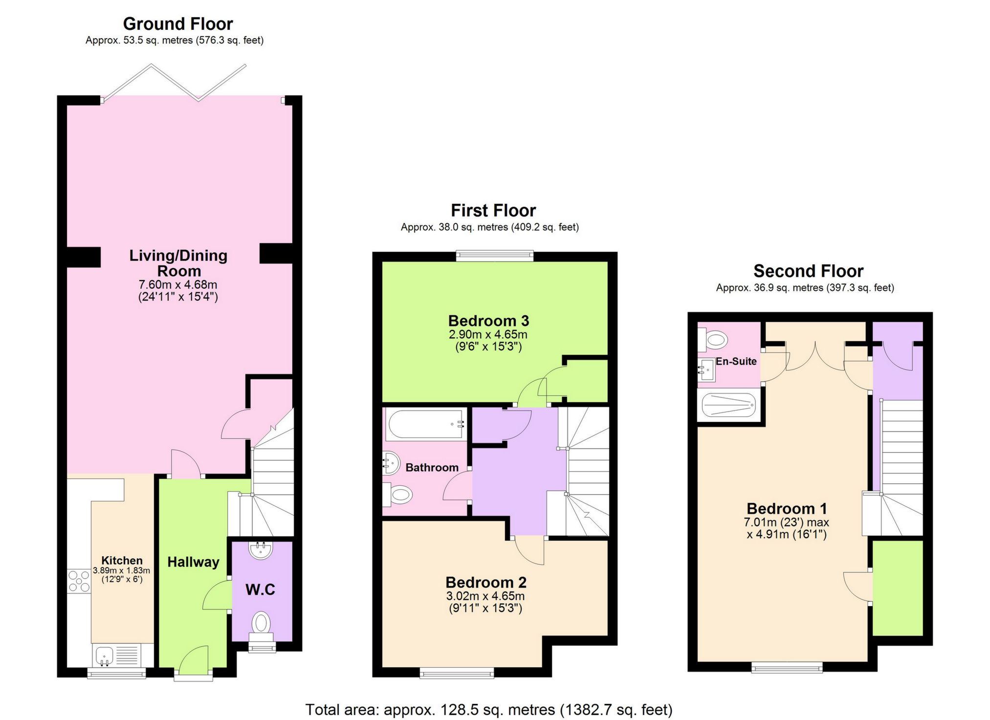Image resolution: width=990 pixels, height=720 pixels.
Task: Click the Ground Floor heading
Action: (x=178, y=24)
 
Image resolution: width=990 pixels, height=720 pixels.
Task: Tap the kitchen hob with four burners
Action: (x=79, y=581)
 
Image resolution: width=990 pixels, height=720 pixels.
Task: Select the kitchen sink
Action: (x=104, y=655)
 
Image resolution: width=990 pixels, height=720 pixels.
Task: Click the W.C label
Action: (x=260, y=589)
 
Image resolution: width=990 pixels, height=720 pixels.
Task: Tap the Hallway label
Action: (x=193, y=562)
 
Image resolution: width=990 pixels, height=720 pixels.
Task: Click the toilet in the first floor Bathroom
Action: (x=398, y=495)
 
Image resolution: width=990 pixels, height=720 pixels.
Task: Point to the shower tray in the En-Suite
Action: (x=728, y=405)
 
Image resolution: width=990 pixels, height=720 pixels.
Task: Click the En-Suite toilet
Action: (x=714, y=340)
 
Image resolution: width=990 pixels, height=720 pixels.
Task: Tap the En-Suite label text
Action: (x=736, y=361)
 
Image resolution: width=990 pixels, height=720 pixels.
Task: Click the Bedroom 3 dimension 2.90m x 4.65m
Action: (x=488, y=335)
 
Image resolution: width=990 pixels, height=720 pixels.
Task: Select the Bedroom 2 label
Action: (x=486, y=583)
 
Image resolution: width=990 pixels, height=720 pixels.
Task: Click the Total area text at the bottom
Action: (x=489, y=709)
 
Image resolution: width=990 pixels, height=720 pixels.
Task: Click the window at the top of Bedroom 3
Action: (x=495, y=255)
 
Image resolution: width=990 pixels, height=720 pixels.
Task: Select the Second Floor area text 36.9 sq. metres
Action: (x=805, y=288)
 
